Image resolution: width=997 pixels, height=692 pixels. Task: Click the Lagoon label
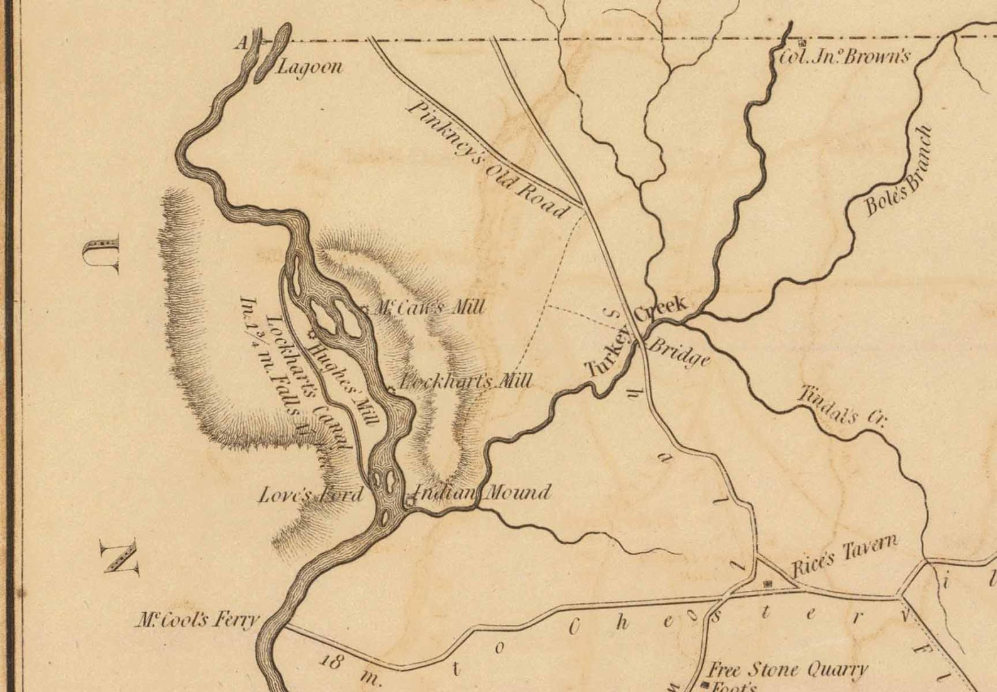[x=310, y=67]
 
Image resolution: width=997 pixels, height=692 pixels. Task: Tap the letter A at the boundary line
[x=240, y=43]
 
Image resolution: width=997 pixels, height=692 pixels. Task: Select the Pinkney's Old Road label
[x=487, y=159]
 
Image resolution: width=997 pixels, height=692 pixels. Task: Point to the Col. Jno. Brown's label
[x=844, y=57]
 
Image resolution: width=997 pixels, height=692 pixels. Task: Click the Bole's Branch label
[x=898, y=171]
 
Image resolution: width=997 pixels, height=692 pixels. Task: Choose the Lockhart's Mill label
[x=466, y=381]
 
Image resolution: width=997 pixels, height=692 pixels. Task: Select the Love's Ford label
[x=311, y=495]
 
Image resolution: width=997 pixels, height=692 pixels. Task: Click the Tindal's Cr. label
[x=841, y=406]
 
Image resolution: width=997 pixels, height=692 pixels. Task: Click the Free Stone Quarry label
[x=788, y=669]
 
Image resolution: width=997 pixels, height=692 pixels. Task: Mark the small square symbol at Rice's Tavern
[x=767, y=584]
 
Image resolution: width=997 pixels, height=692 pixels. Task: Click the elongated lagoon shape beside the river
[x=272, y=54]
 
